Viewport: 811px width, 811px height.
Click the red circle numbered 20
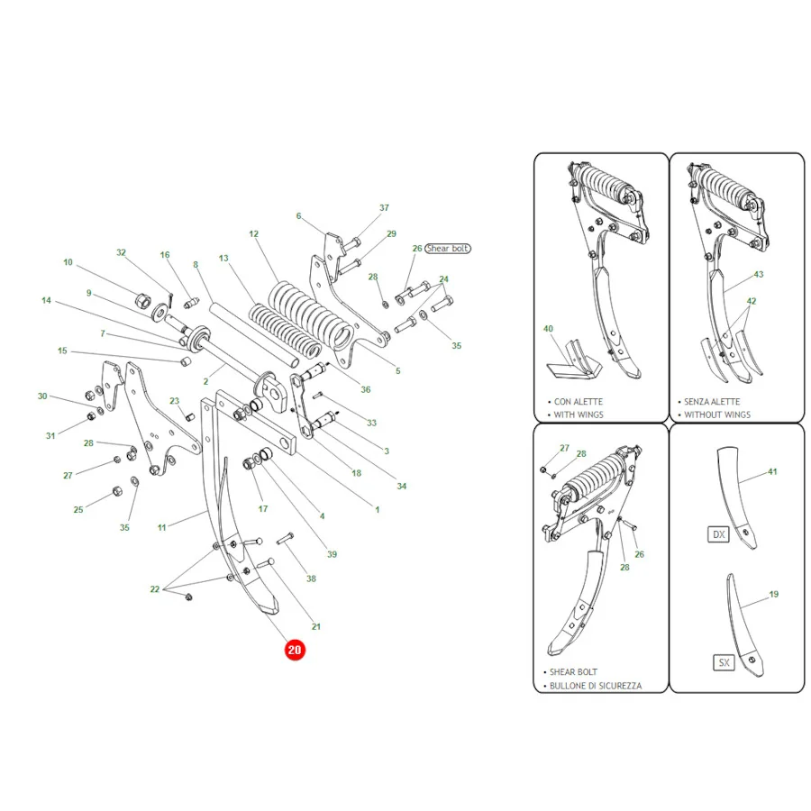(295, 650)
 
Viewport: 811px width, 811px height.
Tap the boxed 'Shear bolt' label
(447, 249)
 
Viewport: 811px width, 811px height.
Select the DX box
(718, 534)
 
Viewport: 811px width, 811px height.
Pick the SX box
(724, 662)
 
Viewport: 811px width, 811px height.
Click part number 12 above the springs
(253, 233)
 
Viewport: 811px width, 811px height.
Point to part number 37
(384, 207)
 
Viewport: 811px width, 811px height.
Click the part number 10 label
(68, 262)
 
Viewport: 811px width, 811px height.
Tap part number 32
(121, 252)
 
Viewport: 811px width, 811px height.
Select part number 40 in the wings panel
(548, 328)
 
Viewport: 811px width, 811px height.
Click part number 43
(758, 274)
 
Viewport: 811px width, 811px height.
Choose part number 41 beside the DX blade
(772, 471)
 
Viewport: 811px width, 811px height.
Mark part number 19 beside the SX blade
(774, 595)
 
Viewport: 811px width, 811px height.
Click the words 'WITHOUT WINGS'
(717, 415)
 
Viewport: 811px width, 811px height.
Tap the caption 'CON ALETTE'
(579, 401)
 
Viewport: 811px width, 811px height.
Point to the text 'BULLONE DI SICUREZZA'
(596, 686)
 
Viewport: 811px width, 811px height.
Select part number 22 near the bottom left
(155, 589)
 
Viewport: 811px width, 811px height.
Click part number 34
(401, 487)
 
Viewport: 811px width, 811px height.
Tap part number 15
(62, 351)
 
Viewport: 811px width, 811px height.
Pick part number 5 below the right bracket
(397, 371)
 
